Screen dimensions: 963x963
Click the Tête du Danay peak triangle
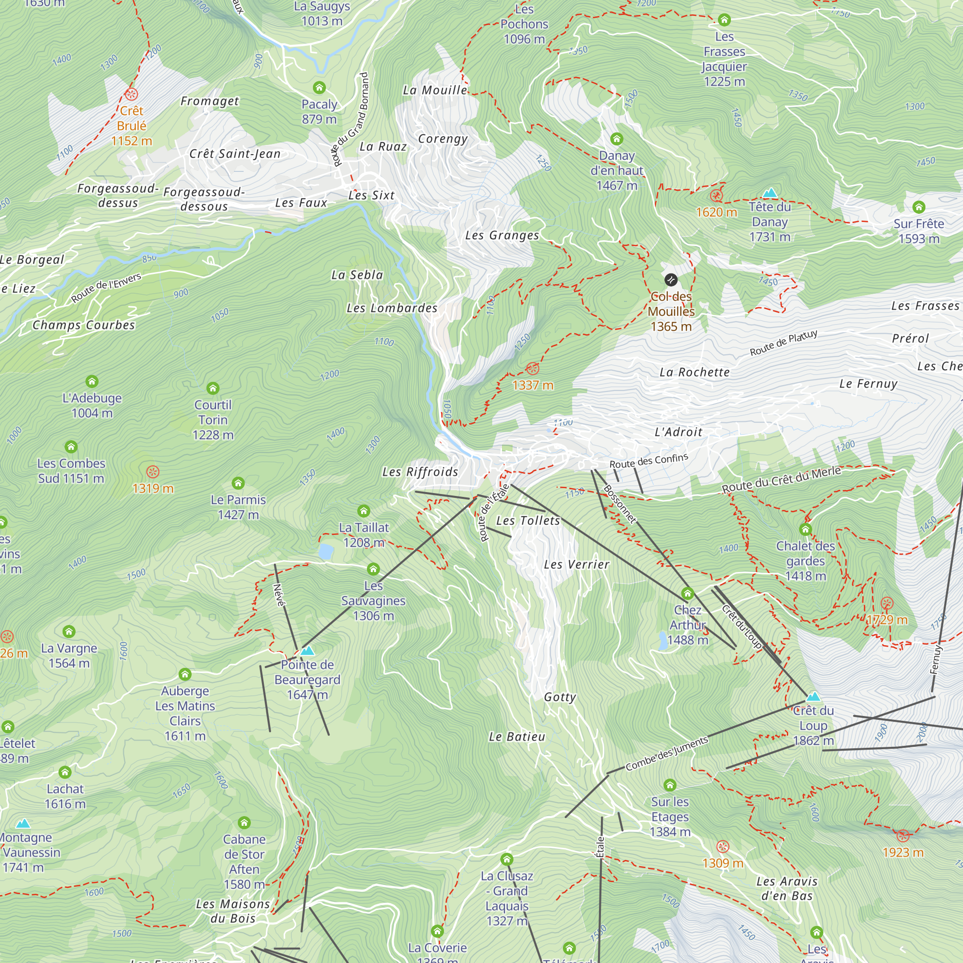[770, 193]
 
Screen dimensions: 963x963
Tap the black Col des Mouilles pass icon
[671, 280]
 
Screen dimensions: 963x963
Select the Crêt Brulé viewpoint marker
[131, 94]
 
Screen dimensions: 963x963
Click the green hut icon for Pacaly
[320, 88]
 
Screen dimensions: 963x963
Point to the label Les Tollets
[528, 521]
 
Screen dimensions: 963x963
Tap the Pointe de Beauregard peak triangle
[308, 651]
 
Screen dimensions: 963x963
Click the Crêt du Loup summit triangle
[813, 696]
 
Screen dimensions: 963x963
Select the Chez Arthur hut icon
[688, 593]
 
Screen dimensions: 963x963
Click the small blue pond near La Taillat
[325, 552]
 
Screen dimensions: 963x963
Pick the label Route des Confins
[649, 461]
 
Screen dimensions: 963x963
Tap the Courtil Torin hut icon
[213, 388]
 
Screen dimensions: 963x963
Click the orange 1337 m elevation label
[533, 385]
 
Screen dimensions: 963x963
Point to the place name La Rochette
[694, 372]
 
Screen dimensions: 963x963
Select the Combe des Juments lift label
[666, 754]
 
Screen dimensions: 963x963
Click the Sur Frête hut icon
[919, 207]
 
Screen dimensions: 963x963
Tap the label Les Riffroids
[420, 472]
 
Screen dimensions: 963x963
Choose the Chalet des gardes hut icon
[806, 529]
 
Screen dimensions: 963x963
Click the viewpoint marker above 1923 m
[903, 835]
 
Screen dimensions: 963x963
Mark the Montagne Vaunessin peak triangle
[23, 823]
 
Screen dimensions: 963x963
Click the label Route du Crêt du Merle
[781, 479]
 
